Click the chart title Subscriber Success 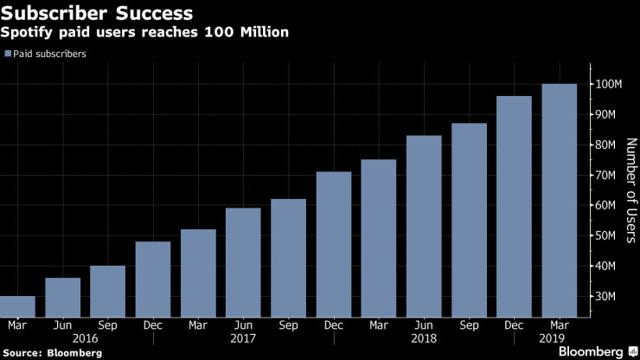98,14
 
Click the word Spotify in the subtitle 34,33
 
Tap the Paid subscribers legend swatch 8,54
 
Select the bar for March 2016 17,306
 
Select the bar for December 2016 153,279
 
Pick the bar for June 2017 243,262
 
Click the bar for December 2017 334,244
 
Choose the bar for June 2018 424,226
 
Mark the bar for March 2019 559,200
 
